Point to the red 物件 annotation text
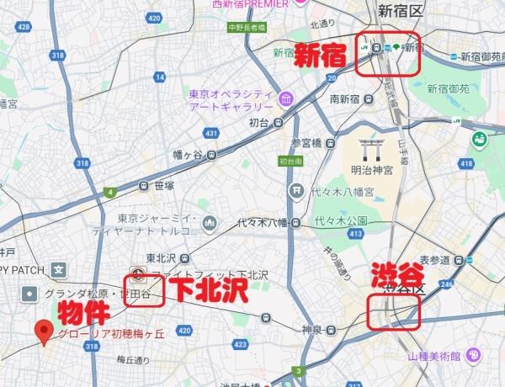pos(82,314)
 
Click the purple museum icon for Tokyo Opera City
pos(285,100)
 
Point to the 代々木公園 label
pos(341,221)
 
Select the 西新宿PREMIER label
pos(250,3)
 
